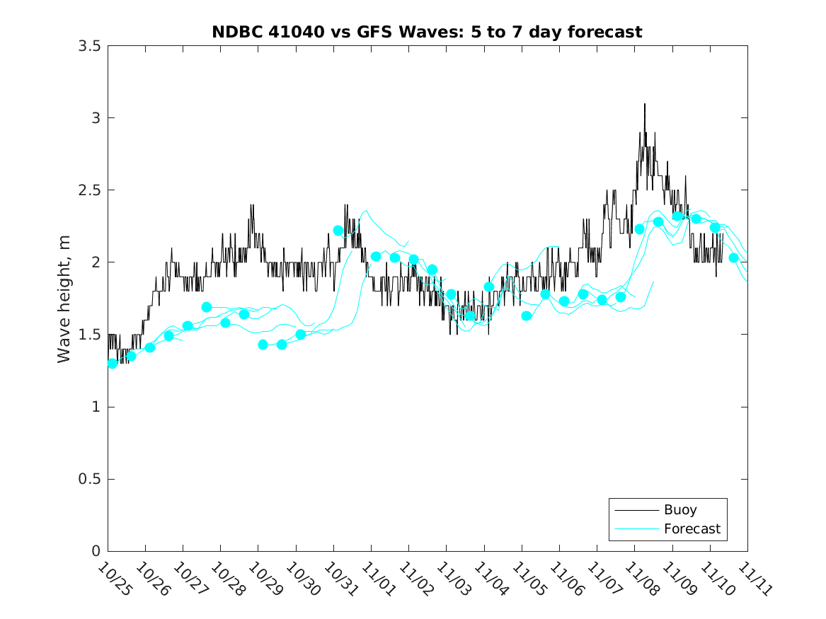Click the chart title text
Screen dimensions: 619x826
(x=427, y=33)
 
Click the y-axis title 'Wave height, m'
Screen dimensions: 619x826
(x=64, y=299)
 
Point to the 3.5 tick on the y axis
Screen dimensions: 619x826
(x=89, y=46)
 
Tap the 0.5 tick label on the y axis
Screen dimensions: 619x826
(x=89, y=479)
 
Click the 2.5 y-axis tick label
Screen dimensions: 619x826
(x=89, y=190)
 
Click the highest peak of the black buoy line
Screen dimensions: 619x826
(x=644, y=104)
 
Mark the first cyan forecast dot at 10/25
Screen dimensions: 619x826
(x=113, y=363)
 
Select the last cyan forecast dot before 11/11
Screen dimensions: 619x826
(x=733, y=258)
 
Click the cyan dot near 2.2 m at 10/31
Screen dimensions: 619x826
(x=338, y=231)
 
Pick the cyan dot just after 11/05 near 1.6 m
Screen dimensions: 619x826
(x=527, y=316)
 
